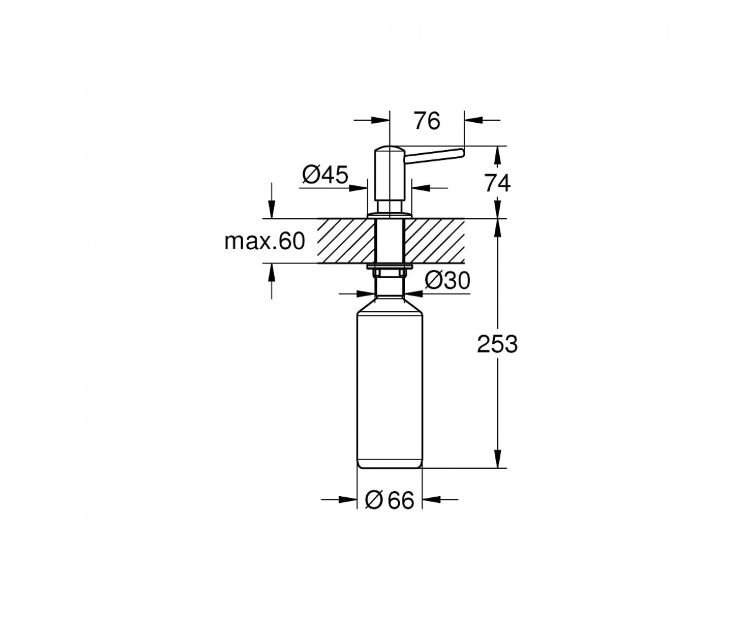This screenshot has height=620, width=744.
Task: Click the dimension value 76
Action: [x=427, y=121]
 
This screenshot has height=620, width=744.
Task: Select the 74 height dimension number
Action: [x=497, y=184]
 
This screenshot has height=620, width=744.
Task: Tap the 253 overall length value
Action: [x=497, y=345]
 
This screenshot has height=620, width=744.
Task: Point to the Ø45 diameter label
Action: [x=325, y=175]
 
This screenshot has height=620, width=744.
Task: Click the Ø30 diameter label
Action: [x=448, y=280]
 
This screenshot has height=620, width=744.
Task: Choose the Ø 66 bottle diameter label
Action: [x=389, y=500]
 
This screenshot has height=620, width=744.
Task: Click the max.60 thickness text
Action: [x=265, y=241]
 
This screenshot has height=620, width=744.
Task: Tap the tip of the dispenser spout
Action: [x=464, y=153]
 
